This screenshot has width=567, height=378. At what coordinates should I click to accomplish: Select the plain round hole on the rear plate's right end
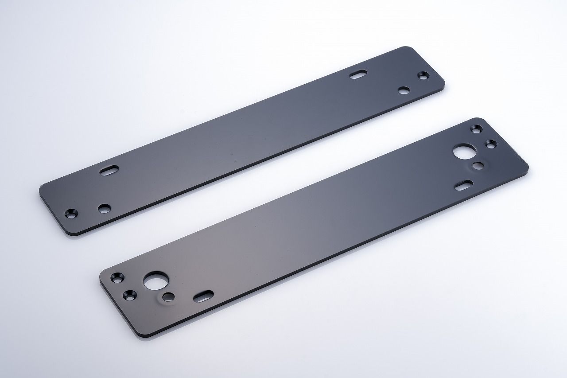click(x=403, y=91)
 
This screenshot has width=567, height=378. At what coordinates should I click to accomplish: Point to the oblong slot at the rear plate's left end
click(x=109, y=171)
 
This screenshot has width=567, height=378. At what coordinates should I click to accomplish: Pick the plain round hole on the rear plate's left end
click(x=105, y=208)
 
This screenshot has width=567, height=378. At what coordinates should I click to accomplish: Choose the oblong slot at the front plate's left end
click(x=203, y=296)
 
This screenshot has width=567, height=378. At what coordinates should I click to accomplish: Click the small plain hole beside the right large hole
click(x=478, y=166)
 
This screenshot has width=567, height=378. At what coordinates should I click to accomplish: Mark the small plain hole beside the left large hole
click(x=168, y=296)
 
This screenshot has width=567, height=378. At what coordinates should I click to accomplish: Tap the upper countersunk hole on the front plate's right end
click(x=477, y=129)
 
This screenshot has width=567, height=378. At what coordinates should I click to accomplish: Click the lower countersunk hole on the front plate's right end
click(x=490, y=143)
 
